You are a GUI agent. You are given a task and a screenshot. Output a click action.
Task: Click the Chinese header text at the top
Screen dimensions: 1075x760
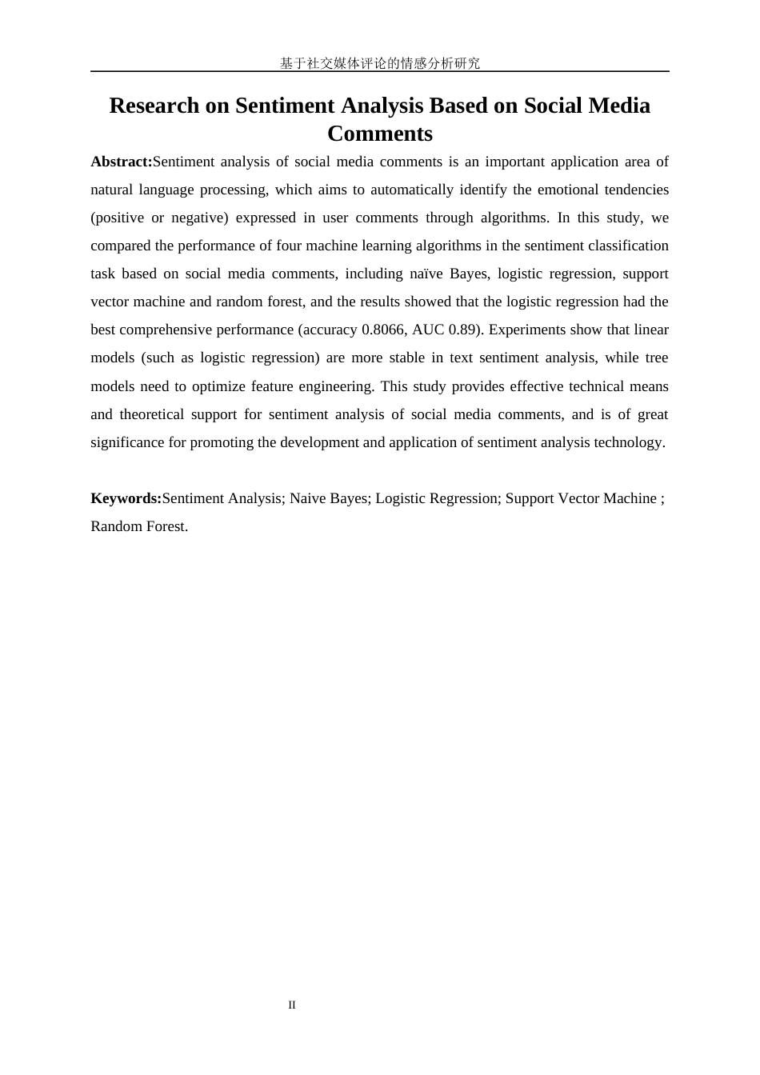(x=379, y=63)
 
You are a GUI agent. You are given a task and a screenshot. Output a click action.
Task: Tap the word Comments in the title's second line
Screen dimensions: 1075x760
(x=379, y=133)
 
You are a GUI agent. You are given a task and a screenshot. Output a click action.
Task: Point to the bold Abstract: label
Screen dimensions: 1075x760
(x=122, y=162)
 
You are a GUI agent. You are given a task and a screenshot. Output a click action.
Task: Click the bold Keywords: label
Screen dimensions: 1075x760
(x=126, y=498)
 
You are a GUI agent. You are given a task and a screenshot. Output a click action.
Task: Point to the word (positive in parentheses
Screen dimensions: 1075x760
(x=116, y=218)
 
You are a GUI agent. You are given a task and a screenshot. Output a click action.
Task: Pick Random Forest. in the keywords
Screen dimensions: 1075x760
(x=139, y=526)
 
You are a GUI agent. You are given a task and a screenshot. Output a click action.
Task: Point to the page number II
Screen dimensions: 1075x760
(x=292, y=1005)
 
